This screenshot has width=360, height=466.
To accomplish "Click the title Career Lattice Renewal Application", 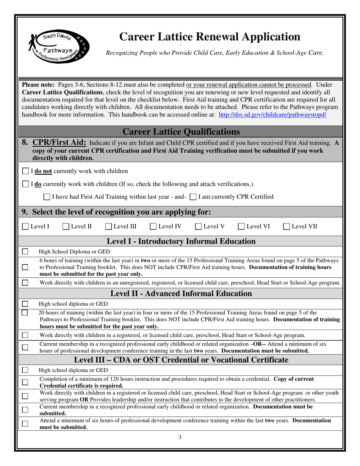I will [210, 36].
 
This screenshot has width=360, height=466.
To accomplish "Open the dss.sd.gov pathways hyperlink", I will [272, 114].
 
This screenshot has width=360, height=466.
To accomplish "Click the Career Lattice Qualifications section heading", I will [182, 131].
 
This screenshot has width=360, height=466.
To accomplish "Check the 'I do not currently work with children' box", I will [25, 171].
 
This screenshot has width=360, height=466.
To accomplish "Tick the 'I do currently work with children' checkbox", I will [25, 184].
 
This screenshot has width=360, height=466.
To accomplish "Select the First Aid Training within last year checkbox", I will [47, 197].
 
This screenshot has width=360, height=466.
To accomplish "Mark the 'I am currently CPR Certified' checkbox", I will [193, 197].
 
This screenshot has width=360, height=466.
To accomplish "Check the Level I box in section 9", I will [25, 227].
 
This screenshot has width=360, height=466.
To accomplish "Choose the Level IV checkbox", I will [153, 227].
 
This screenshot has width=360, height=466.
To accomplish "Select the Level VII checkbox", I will [287, 227].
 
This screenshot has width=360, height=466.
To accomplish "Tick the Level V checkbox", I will [199, 227].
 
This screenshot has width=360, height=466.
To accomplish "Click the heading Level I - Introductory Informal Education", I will [182, 241].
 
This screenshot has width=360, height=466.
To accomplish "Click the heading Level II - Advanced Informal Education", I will [182, 294].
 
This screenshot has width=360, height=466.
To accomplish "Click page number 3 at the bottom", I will [180, 438].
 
